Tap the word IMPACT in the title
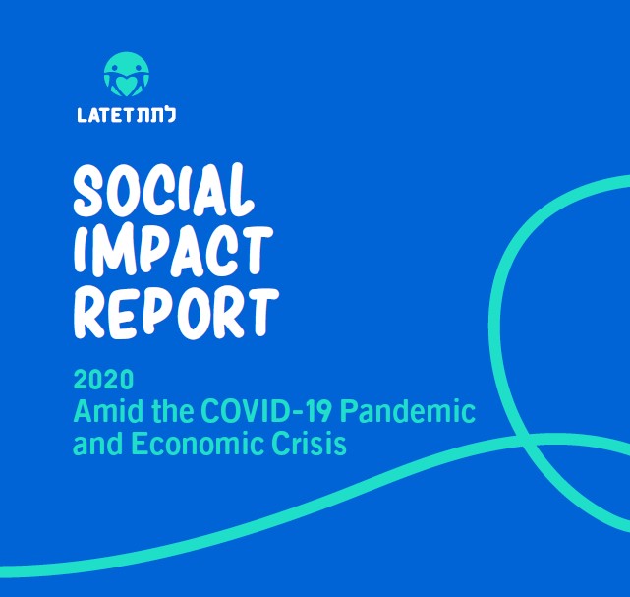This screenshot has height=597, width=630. [173, 251]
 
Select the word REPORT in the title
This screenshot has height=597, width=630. [176, 313]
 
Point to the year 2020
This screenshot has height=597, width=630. [103, 380]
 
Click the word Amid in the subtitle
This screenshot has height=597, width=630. [108, 411]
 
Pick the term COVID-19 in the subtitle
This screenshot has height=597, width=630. [266, 411]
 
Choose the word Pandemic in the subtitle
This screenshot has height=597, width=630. [408, 411]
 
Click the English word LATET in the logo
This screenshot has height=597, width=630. [104, 116]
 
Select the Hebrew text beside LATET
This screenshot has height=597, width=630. [154, 115]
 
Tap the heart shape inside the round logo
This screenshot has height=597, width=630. [126, 86]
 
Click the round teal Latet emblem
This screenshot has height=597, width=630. [127, 75]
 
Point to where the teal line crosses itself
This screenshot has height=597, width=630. [523, 440]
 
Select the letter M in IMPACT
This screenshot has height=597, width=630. [108, 252]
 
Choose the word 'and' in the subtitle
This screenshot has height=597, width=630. [97, 444]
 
